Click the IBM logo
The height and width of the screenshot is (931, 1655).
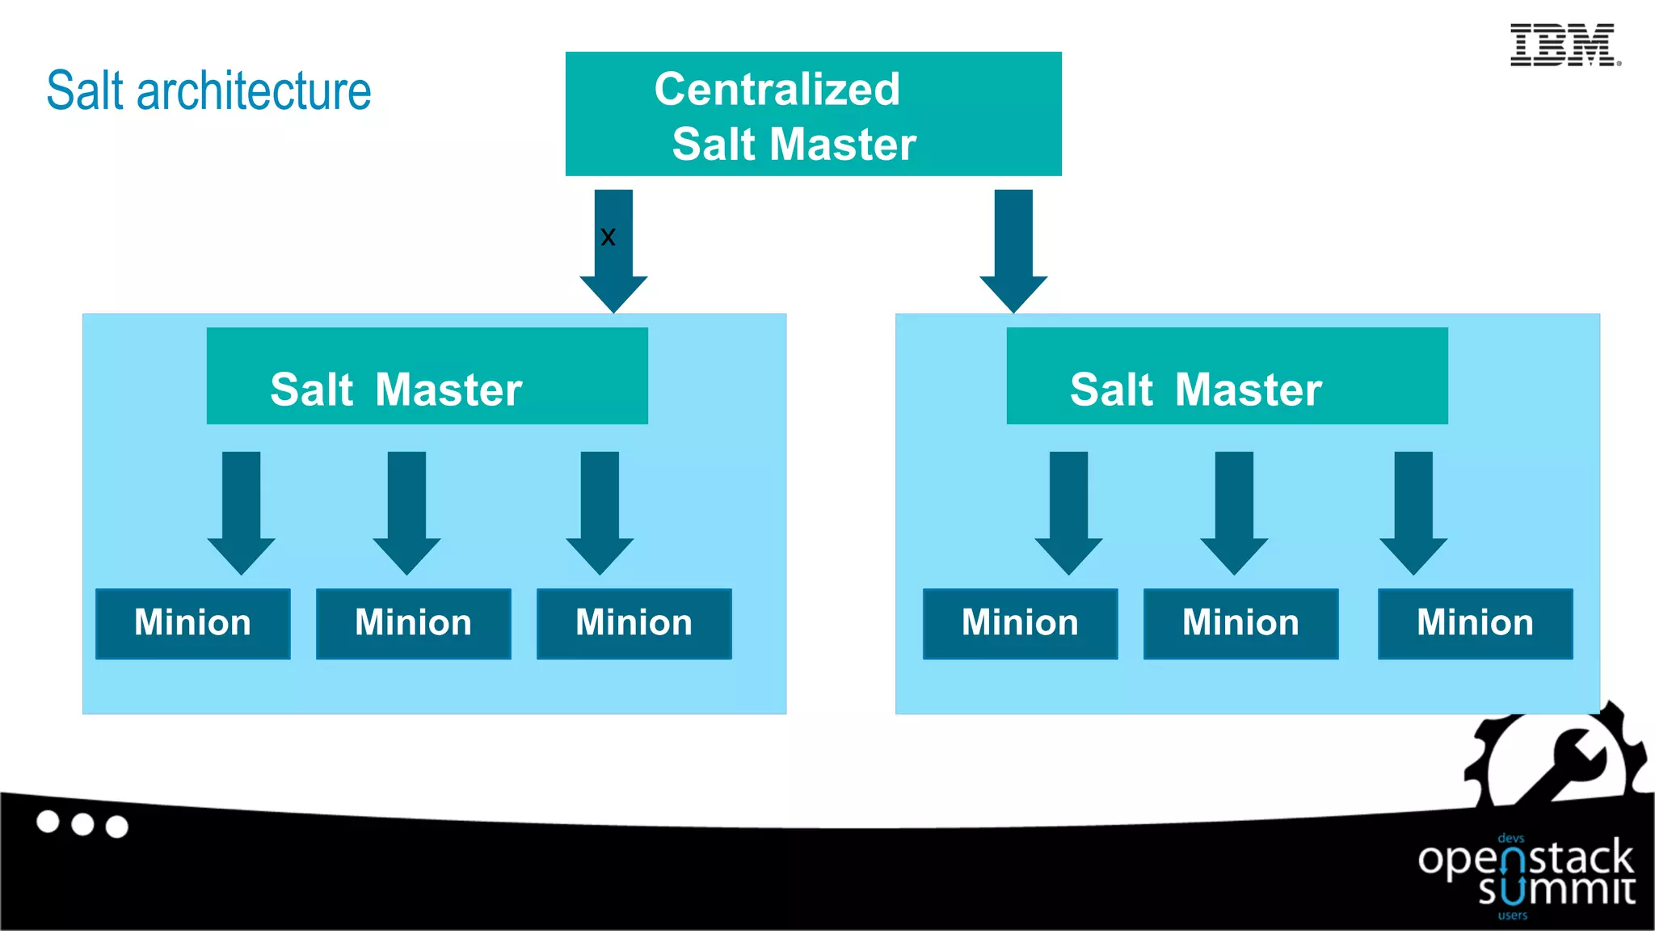1564,45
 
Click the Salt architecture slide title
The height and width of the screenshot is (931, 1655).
208,91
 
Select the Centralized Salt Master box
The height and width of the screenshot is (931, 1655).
813,114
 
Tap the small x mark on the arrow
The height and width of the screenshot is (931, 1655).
608,237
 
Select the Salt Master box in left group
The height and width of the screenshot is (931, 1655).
427,376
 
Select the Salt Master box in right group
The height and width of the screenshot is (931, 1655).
1227,376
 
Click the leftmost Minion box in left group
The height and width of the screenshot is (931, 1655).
192,623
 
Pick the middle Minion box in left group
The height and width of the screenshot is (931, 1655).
413,623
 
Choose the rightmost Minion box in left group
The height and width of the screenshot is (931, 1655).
634,623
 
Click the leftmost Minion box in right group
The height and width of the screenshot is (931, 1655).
1020,623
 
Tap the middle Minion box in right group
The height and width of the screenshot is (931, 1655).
1240,623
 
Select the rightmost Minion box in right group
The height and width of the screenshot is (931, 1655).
1475,623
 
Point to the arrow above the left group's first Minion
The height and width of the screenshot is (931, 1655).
241,509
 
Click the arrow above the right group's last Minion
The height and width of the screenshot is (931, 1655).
1413,509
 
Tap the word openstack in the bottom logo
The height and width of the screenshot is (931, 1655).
1526,858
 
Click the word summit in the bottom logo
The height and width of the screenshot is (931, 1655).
1556,889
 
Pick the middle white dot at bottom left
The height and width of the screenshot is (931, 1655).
82,824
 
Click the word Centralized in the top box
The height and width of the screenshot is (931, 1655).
777,89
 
